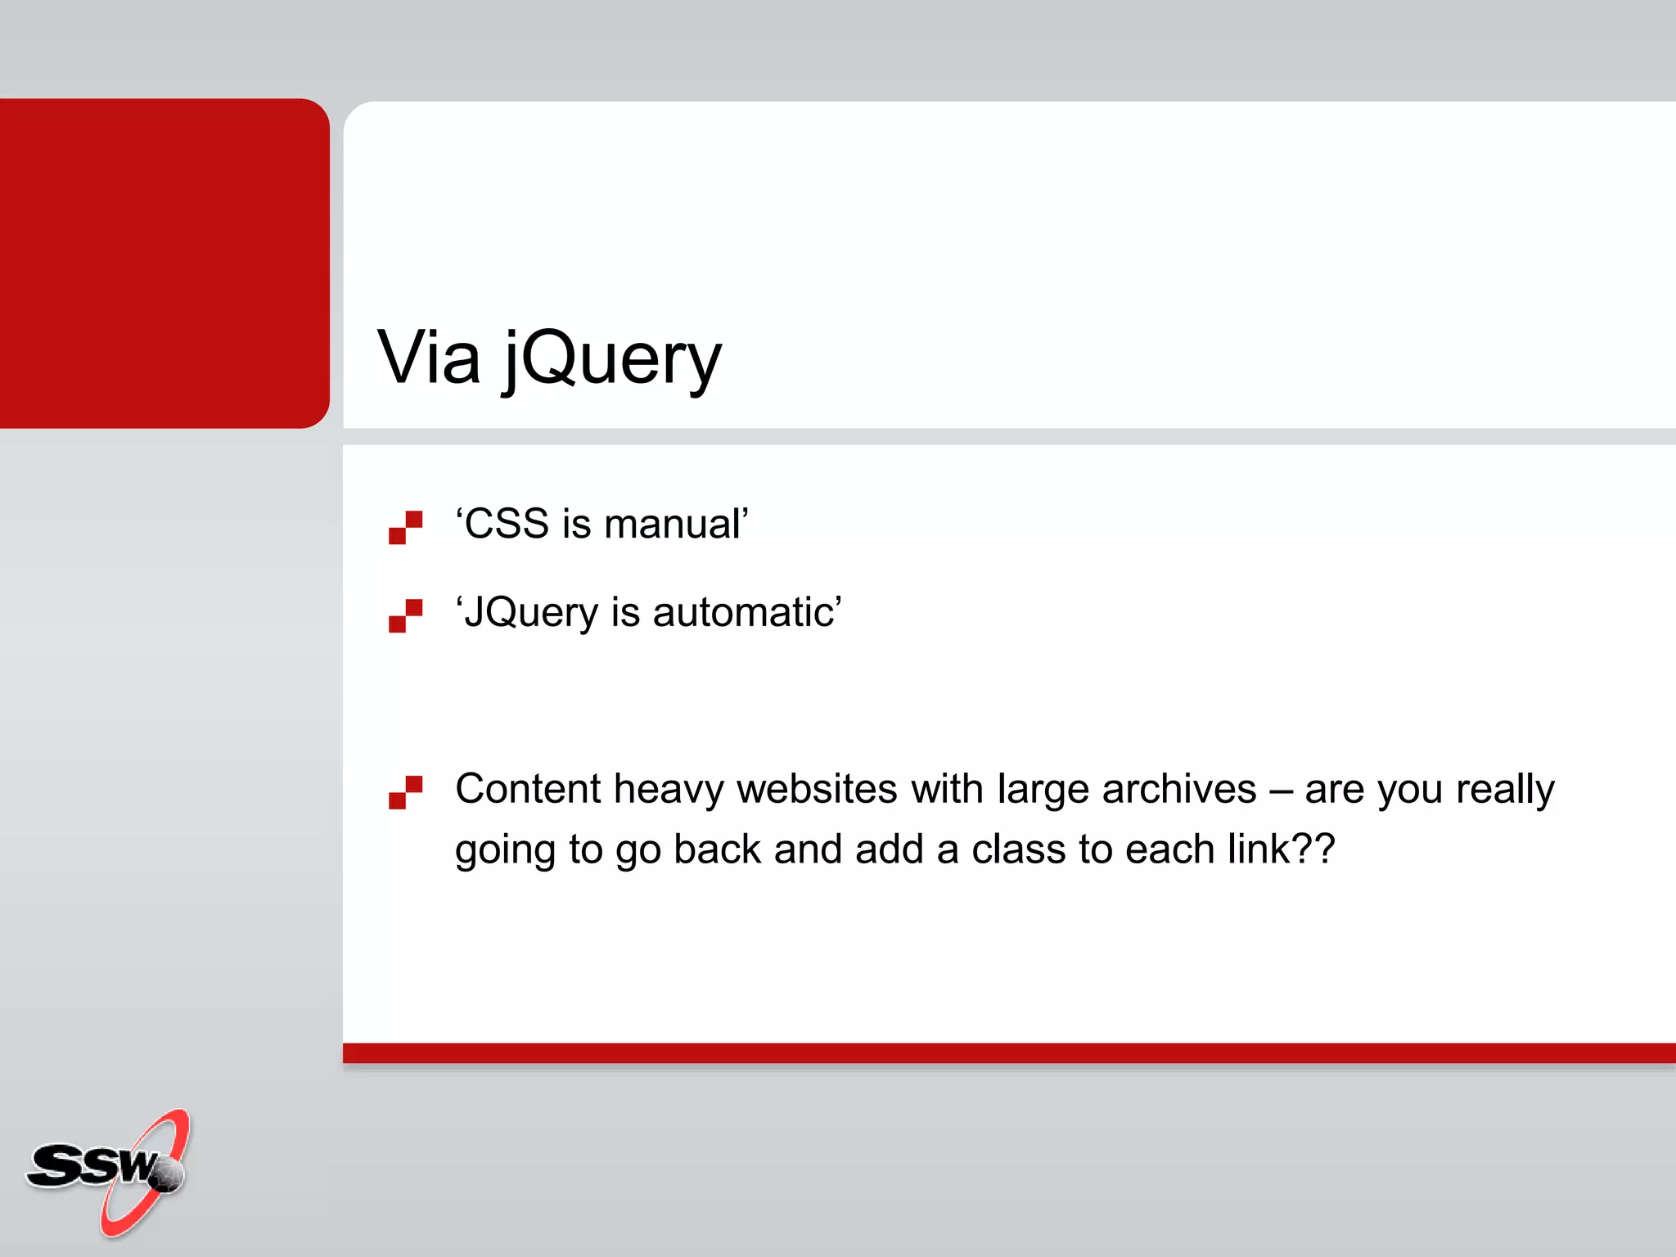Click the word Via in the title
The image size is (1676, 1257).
428,358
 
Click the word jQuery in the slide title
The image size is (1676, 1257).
612,360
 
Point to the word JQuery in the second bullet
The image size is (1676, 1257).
531,613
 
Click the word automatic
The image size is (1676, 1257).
744,612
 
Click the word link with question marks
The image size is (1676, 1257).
1282,849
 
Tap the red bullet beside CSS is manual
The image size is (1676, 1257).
405,528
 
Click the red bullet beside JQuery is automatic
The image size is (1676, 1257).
405,615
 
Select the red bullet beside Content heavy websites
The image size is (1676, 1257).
405,792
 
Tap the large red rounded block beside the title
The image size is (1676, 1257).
164,263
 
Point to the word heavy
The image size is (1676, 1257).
669,791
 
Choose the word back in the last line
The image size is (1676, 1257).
718,849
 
